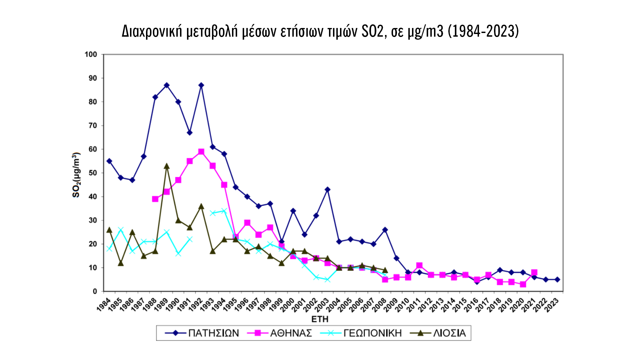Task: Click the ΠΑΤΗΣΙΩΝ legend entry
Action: click(213, 333)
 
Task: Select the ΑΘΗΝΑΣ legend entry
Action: click(291, 333)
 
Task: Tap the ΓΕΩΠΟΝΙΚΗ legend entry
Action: click(372, 333)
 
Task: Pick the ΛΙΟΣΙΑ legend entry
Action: click(449, 333)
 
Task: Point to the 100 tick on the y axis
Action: click(91, 54)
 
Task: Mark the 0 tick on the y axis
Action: click(95, 291)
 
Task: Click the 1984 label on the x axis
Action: click(104, 305)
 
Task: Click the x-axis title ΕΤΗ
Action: click(320, 319)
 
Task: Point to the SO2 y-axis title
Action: click(76, 175)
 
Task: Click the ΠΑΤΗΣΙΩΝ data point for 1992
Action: click(201, 85)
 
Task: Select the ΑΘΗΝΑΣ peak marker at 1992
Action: click(201, 152)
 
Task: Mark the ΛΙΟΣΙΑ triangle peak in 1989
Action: click(167, 166)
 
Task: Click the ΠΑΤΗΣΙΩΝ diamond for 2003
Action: click(327, 190)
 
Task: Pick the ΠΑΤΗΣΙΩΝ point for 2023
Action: click(557, 280)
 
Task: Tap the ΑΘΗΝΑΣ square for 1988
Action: click(155, 199)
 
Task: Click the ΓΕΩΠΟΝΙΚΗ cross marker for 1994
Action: click(224, 211)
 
